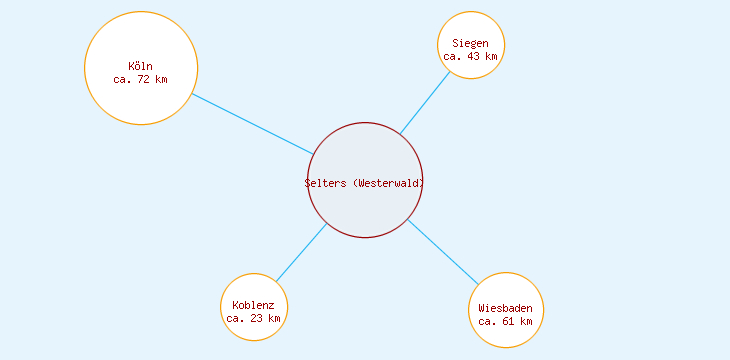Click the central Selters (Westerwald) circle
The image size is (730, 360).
click(x=365, y=210)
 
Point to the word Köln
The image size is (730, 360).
click(x=141, y=66)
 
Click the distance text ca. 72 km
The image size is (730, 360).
click(x=141, y=79)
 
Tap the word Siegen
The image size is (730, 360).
click(x=470, y=43)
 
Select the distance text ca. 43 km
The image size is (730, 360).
click(x=470, y=56)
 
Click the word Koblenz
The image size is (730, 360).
click(x=253, y=305)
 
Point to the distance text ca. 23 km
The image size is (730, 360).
click(x=254, y=318)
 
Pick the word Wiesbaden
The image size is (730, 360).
click(x=505, y=308)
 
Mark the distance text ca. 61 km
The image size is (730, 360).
click(x=505, y=321)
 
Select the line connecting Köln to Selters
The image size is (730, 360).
click(x=252, y=124)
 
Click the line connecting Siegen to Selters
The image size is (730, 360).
click(x=425, y=101)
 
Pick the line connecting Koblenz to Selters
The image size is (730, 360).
click(x=301, y=252)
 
